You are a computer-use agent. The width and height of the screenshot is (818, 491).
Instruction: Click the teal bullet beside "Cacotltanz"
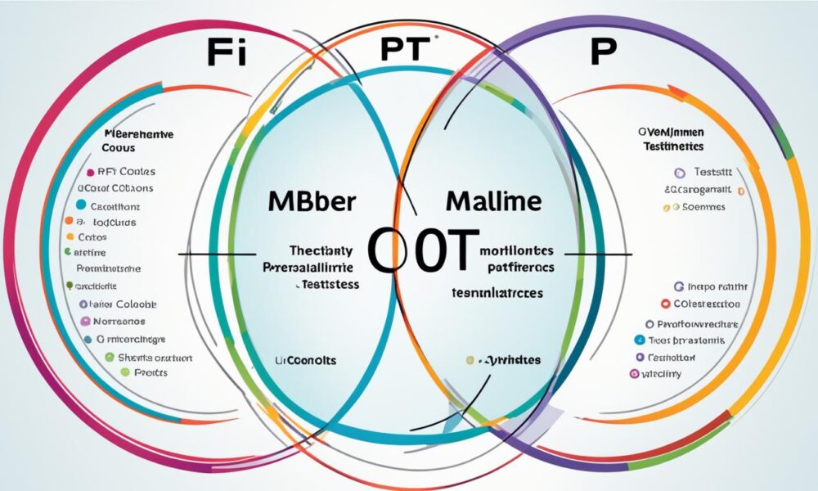point(80,205)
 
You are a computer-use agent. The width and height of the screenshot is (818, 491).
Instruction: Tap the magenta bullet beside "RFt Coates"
point(88,173)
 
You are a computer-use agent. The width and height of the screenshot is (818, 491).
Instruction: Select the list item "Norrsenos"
point(120,322)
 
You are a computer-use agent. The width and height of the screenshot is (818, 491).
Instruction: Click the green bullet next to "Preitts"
point(124,372)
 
